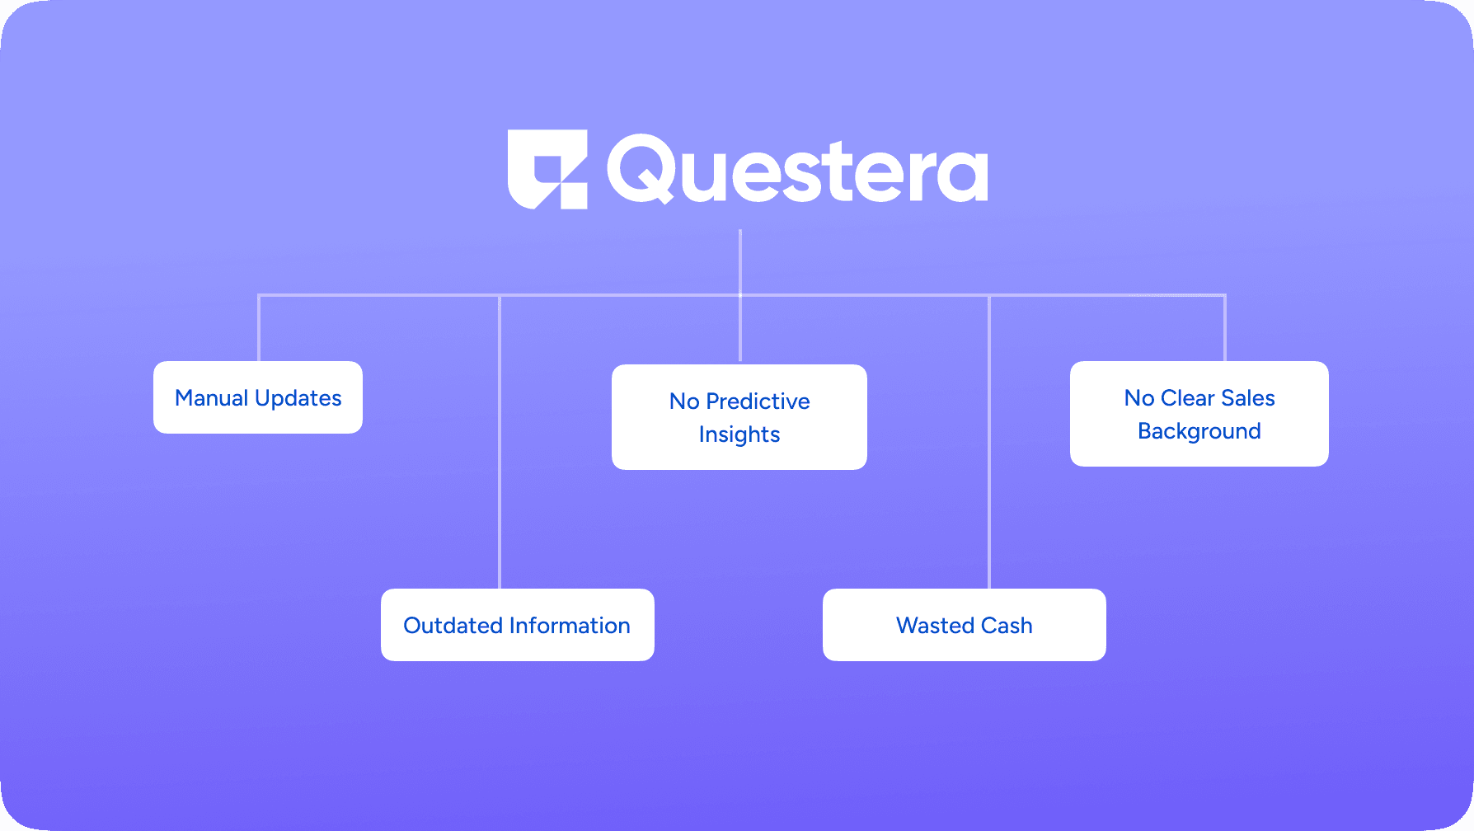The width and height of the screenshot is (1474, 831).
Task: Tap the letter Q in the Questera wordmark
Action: point(641,169)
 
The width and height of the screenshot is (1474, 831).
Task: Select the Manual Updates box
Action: point(258,397)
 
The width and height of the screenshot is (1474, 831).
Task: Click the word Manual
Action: point(212,398)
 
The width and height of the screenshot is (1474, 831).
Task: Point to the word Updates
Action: point(298,399)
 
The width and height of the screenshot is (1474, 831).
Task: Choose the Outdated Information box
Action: point(518,625)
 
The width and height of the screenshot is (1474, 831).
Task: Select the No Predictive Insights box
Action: point(739,417)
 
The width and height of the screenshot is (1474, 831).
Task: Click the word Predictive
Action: point(758,401)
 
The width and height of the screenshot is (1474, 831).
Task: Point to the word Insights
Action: point(739,434)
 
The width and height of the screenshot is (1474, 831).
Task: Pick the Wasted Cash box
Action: point(965,625)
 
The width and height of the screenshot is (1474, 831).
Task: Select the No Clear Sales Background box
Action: point(1199,414)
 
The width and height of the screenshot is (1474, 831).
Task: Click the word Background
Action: point(1199,431)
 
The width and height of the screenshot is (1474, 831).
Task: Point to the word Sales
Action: point(1248,398)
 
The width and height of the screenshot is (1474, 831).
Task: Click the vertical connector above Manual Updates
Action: point(259,328)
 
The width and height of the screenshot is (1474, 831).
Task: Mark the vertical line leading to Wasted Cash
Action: point(989,442)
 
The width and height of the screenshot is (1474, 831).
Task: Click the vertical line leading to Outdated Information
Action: point(500,442)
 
